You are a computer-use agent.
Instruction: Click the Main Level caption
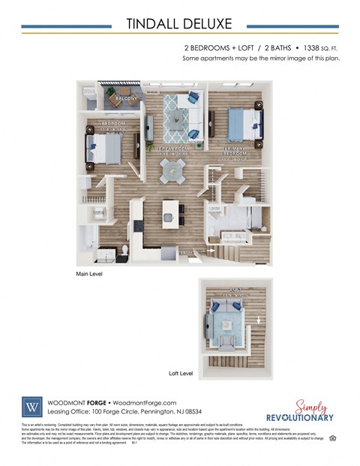coord(89,275)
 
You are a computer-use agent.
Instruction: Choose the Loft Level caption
coord(181,373)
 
